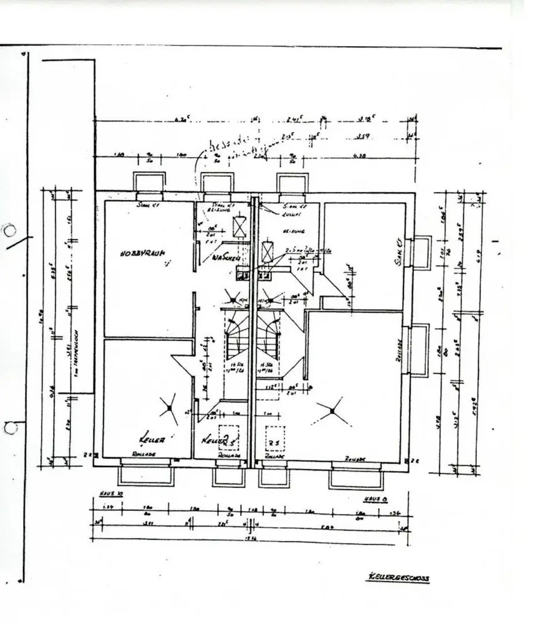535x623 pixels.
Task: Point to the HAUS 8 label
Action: pos(376,499)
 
